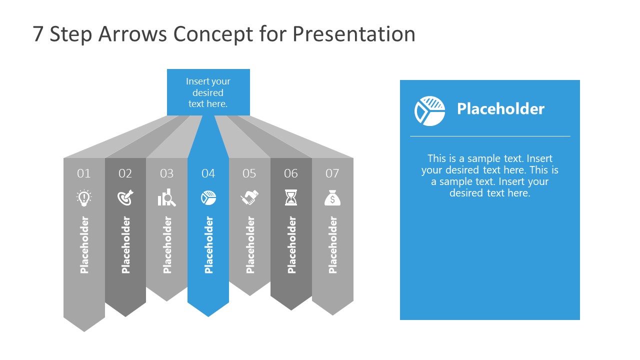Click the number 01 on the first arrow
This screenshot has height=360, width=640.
(84, 173)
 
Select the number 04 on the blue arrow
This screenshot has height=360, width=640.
(208, 173)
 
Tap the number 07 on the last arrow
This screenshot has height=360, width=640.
(332, 173)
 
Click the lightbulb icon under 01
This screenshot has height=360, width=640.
(84, 197)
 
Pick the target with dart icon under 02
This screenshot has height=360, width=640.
(125, 198)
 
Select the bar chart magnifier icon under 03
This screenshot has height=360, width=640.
(166, 198)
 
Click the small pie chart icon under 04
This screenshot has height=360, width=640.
(208, 198)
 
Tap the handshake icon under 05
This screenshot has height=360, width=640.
(249, 198)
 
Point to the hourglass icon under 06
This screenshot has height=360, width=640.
(290, 198)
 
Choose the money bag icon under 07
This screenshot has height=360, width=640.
(332, 198)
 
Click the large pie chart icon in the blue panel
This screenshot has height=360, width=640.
(429, 110)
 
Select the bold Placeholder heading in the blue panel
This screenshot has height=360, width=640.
(500, 109)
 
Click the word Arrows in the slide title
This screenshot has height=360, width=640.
(135, 34)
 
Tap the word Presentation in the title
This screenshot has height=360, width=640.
(353, 34)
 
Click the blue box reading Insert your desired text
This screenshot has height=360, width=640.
(208, 92)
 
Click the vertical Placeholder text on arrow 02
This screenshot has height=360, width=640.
(125, 245)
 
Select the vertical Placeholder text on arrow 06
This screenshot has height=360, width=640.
(291, 245)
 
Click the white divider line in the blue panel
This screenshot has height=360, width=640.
(490, 136)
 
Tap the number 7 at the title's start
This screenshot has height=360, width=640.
(38, 34)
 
